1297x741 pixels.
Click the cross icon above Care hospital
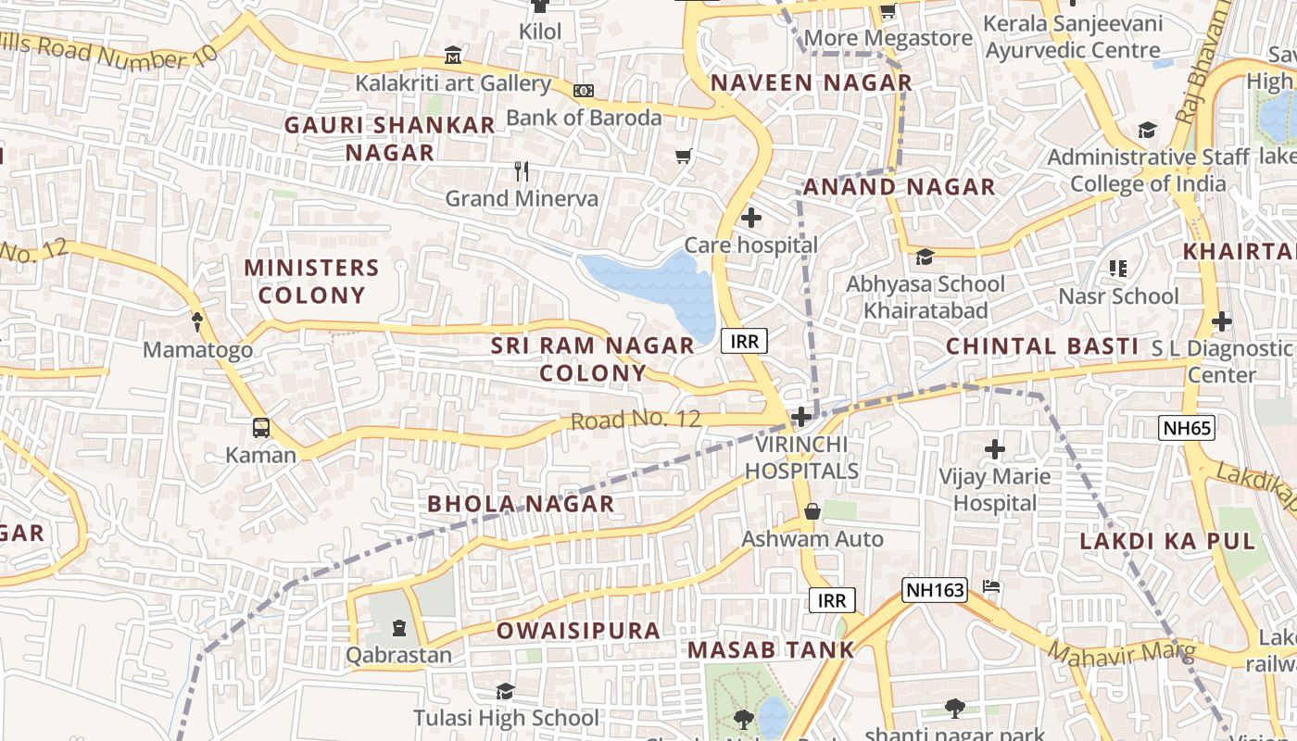coord(751,218)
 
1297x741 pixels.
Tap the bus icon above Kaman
coord(262,428)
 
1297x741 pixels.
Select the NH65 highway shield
coord(1186,427)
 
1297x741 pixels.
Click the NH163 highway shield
coord(935,589)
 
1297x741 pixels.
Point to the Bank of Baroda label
coord(584,118)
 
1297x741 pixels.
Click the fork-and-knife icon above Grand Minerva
coord(522,170)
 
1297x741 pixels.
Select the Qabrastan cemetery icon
coord(399,628)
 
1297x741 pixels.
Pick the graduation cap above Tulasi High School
coord(505,691)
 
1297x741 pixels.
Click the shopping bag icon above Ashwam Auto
coord(812,511)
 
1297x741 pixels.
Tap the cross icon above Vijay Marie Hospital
coord(995,449)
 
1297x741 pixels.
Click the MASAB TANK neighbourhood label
coord(770,650)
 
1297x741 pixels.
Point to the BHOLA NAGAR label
coord(521,504)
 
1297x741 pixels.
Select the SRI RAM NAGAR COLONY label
coord(593,359)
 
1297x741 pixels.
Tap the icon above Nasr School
coord(1118,269)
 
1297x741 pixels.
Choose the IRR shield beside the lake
coord(744,341)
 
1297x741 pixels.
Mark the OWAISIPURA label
coord(578,631)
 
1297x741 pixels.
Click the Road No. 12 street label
coord(636,420)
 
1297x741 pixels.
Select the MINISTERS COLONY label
coord(311,282)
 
